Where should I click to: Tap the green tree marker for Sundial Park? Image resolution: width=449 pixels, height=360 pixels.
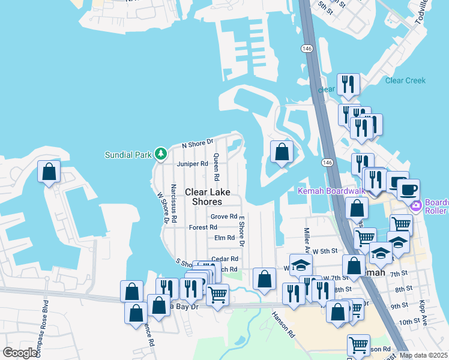pos(160,154)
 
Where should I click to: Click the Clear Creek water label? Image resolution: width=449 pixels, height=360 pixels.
pos(405,80)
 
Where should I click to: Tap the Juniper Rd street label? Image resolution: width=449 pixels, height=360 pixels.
pos(192,163)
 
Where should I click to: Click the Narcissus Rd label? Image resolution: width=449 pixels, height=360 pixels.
pos(173,203)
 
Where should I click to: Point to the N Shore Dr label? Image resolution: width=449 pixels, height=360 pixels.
pos(198,144)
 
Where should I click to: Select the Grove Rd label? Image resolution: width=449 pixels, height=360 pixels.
pos(224,217)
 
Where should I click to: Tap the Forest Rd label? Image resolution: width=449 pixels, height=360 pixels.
pos(203,227)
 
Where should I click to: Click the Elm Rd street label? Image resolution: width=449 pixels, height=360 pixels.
pos(224,238)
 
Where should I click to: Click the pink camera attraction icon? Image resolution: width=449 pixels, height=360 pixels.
pos(415,206)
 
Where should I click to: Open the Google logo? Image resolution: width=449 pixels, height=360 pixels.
pos(20,353)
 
